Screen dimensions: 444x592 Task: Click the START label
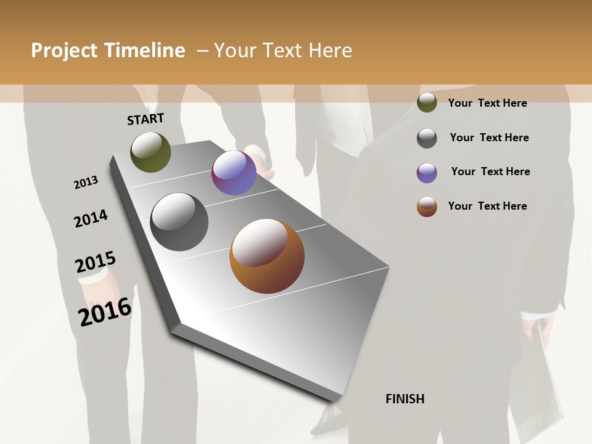click(x=146, y=119)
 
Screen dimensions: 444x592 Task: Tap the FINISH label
click(x=405, y=399)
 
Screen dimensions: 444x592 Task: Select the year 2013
click(x=86, y=183)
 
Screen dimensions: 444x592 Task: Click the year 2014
click(x=91, y=219)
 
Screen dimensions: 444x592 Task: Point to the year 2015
click(x=96, y=263)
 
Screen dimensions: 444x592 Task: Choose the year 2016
click(x=105, y=312)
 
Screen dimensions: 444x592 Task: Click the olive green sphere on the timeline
click(x=150, y=152)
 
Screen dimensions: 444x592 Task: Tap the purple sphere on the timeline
click(x=234, y=173)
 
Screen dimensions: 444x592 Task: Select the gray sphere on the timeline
click(x=179, y=222)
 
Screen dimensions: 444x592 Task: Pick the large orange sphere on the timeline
click(x=267, y=256)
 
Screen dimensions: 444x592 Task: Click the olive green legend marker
click(x=427, y=103)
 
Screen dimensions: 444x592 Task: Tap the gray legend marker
click(x=427, y=138)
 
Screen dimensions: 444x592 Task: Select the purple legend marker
click(x=427, y=173)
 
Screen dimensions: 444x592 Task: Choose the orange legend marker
click(x=427, y=207)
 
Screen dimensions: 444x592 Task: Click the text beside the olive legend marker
click(x=487, y=103)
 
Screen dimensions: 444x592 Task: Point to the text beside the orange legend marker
click(x=487, y=206)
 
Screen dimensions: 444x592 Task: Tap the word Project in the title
click(x=64, y=51)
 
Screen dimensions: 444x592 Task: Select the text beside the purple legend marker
click(x=490, y=171)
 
